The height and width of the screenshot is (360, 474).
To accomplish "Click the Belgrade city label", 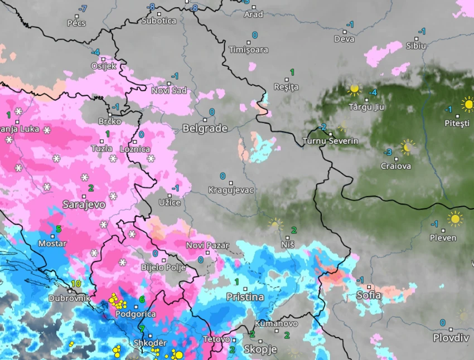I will [x=205, y=129].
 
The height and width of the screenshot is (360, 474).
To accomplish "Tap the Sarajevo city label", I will [x=84, y=204].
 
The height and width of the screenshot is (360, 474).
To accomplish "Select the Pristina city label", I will [x=245, y=297].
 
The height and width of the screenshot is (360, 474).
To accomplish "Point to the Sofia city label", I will [x=369, y=295].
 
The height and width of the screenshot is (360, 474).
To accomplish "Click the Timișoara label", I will [x=248, y=50].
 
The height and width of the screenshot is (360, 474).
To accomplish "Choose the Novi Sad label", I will [x=169, y=90].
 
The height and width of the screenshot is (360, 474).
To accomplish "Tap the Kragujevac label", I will [x=231, y=190].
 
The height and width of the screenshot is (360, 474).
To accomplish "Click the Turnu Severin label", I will [x=330, y=141].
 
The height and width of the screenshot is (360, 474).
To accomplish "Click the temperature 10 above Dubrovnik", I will [x=76, y=284].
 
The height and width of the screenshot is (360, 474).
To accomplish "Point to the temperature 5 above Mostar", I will [x=59, y=229].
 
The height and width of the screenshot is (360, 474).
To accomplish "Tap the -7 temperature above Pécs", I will [x=83, y=8].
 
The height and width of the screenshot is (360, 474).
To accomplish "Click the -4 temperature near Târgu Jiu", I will [x=373, y=93].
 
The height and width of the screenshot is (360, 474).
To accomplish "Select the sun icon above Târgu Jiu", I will [x=354, y=89].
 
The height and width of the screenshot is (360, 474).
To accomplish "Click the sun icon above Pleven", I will [x=456, y=218].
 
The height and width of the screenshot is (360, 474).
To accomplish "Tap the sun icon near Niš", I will [x=275, y=224].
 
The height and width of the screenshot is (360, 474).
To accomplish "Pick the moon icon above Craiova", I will [x=408, y=147].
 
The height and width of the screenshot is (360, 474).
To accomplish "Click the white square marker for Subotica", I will [x=159, y=13].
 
